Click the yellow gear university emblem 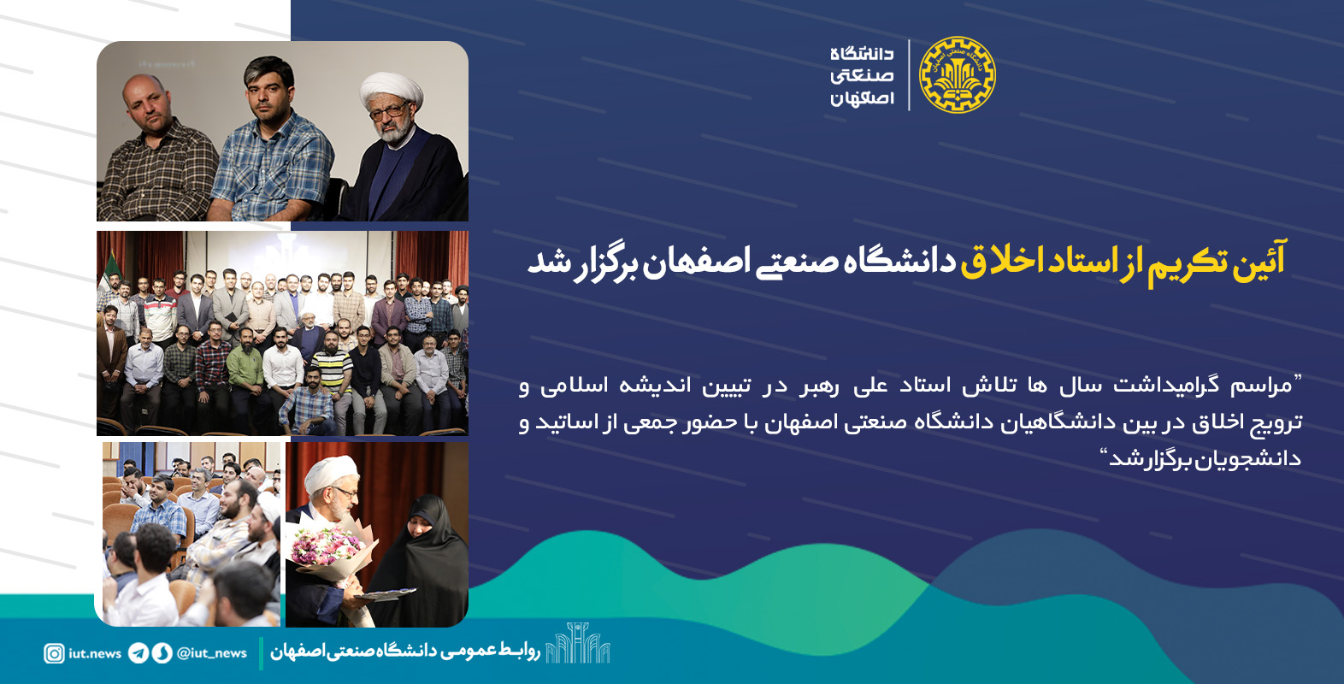pos(957,75)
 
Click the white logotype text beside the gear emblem pos(862,75)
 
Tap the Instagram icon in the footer pos(54,653)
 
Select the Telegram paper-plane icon pos(138,653)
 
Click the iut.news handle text pos(95,653)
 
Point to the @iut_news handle pos(212,653)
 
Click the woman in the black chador pos(424,559)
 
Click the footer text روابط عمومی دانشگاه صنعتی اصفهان pos(405,652)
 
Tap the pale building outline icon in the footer pos(577,643)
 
